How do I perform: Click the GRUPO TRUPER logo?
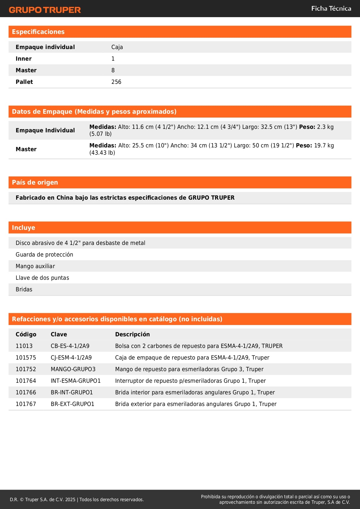pos(45,10)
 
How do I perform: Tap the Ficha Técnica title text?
pos(331,9)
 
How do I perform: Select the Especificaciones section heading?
pos(38,32)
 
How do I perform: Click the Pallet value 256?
pos(116,82)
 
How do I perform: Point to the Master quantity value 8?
pos(113,70)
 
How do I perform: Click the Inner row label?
pos(23,59)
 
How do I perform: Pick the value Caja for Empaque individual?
pos(117,47)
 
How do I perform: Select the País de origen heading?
pos(35,183)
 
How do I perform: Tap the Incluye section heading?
pos(23,228)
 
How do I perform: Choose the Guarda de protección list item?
pos(44,255)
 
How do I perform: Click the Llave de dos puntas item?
pos(42,278)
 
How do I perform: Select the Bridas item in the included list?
pos(24,289)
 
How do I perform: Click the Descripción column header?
pos(132,334)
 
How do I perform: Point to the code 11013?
pos(24,346)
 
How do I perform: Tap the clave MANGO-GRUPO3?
pos(73,369)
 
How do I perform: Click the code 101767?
pos(26,404)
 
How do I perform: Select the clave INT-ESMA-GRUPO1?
pos(75,381)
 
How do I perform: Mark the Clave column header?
pos(59,334)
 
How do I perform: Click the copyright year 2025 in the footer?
pos(70,499)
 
